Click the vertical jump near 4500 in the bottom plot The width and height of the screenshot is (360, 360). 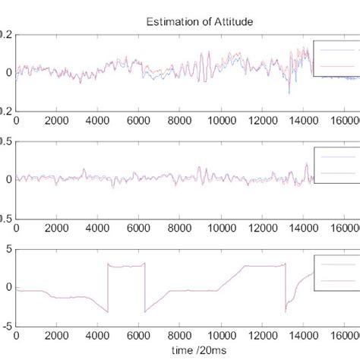108,287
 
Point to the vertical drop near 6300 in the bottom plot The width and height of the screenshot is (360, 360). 145,287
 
